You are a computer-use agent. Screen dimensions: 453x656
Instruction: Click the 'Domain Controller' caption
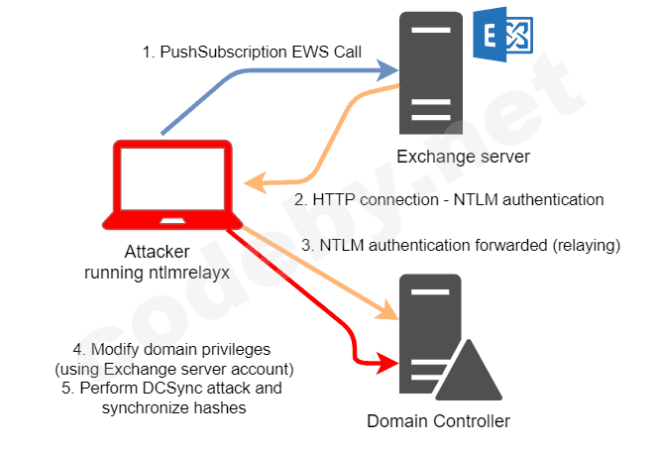point(438,421)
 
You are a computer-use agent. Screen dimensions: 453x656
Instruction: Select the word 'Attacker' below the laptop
point(156,252)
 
